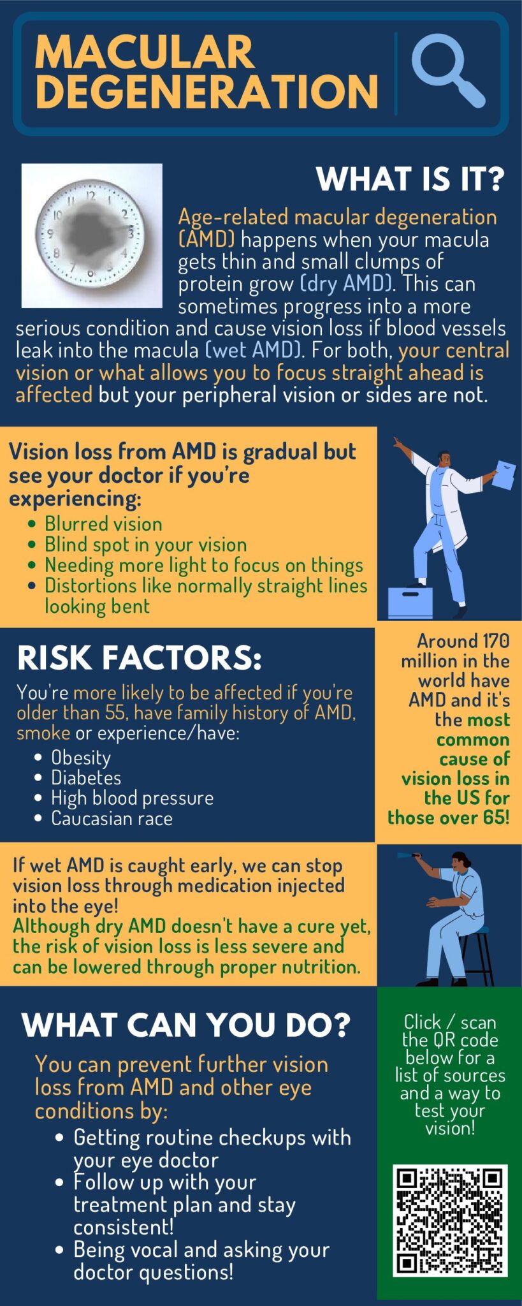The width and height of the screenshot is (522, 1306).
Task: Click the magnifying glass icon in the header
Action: (x=447, y=71)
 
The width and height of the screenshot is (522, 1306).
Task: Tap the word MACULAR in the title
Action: (x=145, y=52)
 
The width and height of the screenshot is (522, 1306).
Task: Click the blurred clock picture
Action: (x=92, y=235)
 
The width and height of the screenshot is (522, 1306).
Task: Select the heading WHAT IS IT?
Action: (x=410, y=179)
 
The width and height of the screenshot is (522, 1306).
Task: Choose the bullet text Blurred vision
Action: (x=103, y=524)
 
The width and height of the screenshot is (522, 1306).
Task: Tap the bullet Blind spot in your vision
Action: (x=145, y=545)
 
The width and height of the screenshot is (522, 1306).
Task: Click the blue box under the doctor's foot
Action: (x=410, y=602)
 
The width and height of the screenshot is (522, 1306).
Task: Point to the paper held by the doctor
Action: (x=504, y=475)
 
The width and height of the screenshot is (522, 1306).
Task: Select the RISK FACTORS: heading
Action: (x=140, y=658)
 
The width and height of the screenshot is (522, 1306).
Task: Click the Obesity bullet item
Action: (x=81, y=758)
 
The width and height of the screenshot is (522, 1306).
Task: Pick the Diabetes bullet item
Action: (x=86, y=778)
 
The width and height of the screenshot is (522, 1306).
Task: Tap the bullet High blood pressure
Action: (x=132, y=798)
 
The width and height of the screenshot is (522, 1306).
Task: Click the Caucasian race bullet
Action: (x=112, y=818)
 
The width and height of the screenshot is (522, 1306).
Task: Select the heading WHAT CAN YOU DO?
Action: (x=186, y=1025)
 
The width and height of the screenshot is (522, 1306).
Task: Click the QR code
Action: (x=450, y=1221)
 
